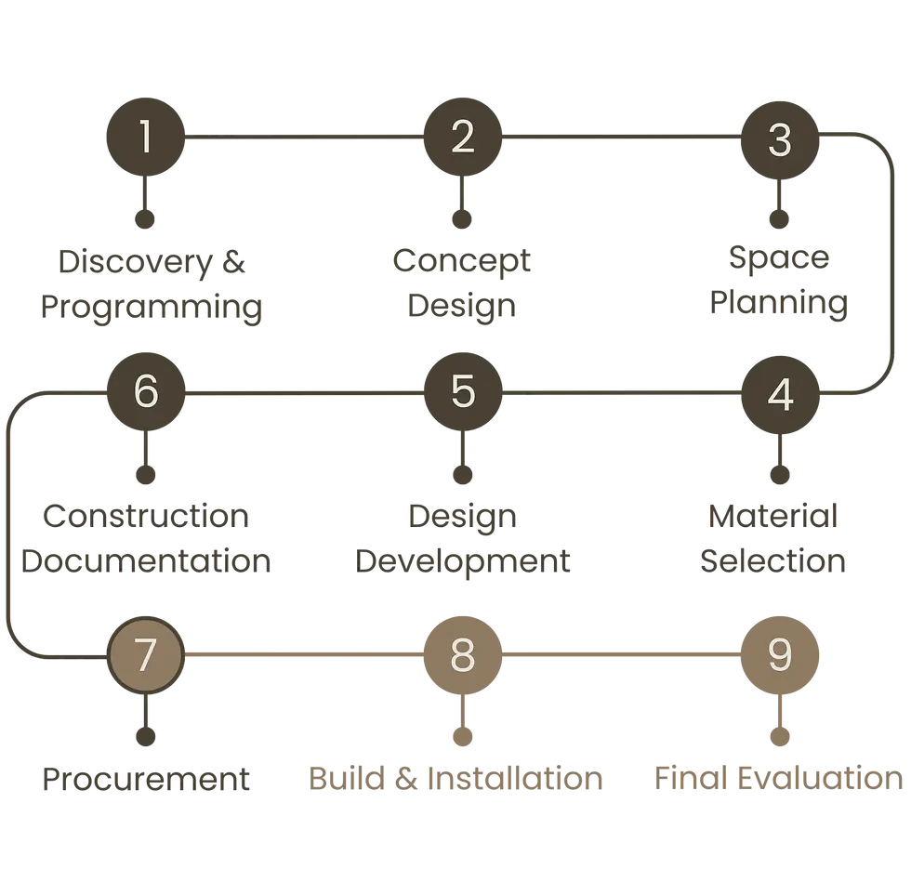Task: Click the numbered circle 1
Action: click(x=145, y=137)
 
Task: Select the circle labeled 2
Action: click(x=463, y=137)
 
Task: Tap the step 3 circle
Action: click(x=780, y=140)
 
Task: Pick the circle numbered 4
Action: click(x=780, y=394)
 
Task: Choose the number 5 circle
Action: click(x=463, y=391)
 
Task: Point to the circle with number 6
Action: click(x=146, y=391)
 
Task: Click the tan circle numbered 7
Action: click(x=146, y=654)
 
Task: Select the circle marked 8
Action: click(x=463, y=654)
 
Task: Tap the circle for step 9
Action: click(x=780, y=654)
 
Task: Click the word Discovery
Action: click(x=136, y=262)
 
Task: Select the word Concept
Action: click(x=462, y=261)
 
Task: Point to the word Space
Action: click(x=779, y=258)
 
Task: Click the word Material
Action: click(x=772, y=516)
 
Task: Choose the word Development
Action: click(x=463, y=561)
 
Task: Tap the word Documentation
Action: click(x=146, y=561)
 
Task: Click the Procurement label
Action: click(x=146, y=780)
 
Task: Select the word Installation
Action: click(x=515, y=779)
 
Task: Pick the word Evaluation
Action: click(x=820, y=779)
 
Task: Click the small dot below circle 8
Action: click(x=463, y=736)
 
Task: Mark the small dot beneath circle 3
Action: click(x=779, y=219)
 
